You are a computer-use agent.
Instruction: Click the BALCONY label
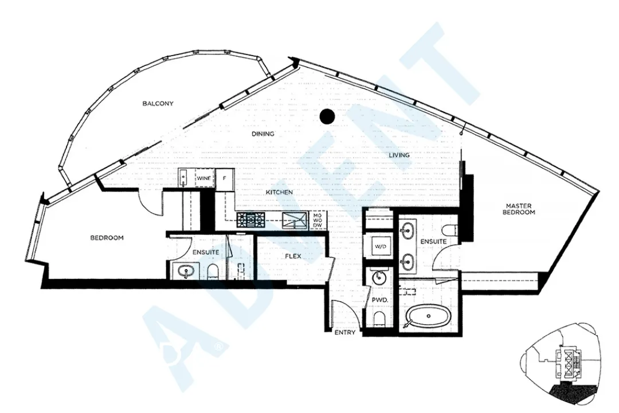[x=158, y=104]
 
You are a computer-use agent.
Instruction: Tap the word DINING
[x=263, y=134]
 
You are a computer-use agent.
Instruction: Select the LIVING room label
[x=399, y=155]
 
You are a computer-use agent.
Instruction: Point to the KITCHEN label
[x=279, y=192]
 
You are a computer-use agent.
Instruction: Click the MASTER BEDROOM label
[x=519, y=209]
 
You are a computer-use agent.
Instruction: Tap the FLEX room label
[x=293, y=256]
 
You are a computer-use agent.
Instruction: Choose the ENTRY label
[x=344, y=333]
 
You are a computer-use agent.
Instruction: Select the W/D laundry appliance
[x=379, y=247]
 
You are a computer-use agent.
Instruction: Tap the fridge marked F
[x=225, y=178]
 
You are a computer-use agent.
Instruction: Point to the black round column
[x=327, y=117]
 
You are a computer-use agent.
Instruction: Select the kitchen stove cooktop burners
[x=250, y=219]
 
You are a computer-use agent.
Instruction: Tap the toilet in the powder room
[x=378, y=319]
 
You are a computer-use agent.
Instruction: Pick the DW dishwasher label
[x=318, y=225]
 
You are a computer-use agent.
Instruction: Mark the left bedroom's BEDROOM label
[x=107, y=238]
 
